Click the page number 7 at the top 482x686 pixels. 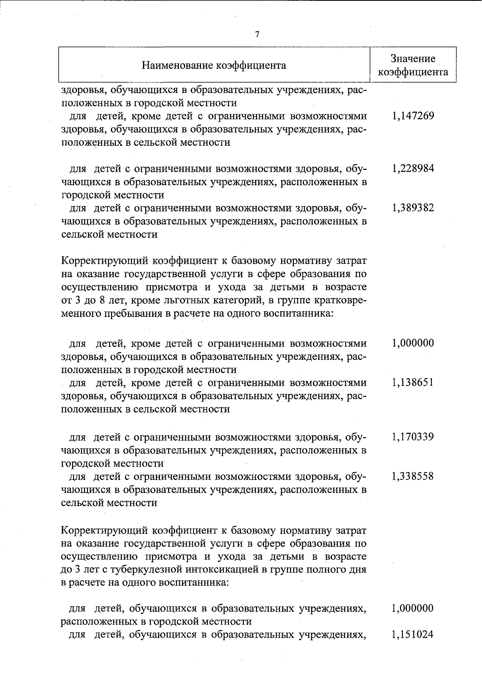(x=257, y=35)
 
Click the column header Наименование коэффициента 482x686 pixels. (x=214, y=65)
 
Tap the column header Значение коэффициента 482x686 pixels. (x=413, y=65)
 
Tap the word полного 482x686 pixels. (x=325, y=570)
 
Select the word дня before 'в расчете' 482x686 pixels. (x=357, y=570)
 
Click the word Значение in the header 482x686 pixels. (x=413, y=59)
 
